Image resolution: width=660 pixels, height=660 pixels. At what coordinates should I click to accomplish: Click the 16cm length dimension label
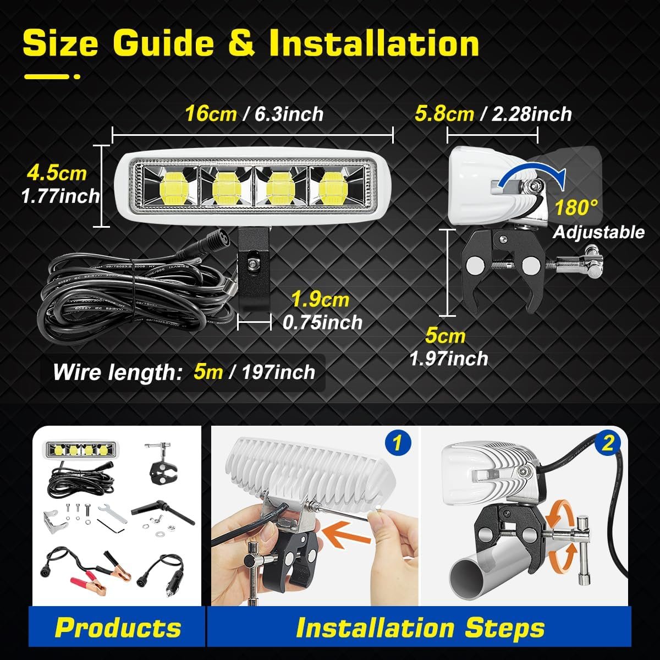pyautogui.click(x=211, y=114)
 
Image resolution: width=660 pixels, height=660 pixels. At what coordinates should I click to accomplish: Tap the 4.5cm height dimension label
pyautogui.click(x=57, y=174)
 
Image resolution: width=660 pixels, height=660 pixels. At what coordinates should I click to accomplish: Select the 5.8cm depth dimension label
pyautogui.click(x=444, y=114)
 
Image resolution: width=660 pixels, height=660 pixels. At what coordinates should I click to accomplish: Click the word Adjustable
pyautogui.click(x=599, y=232)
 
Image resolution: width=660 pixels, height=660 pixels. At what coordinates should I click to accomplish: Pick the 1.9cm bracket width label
pyautogui.click(x=320, y=300)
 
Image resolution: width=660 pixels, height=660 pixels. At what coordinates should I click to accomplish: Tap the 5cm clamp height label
pyautogui.click(x=446, y=336)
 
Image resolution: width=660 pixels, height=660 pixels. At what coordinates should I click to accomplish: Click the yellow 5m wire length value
pyautogui.click(x=208, y=372)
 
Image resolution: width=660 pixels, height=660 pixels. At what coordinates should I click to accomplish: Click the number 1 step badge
pyautogui.click(x=397, y=443)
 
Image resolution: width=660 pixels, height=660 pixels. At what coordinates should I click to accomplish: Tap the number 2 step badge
pyautogui.click(x=608, y=444)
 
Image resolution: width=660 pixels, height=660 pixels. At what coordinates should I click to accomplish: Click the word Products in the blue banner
pyautogui.click(x=118, y=628)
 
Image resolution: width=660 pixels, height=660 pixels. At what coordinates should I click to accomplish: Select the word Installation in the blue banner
pyautogui.click(x=375, y=628)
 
